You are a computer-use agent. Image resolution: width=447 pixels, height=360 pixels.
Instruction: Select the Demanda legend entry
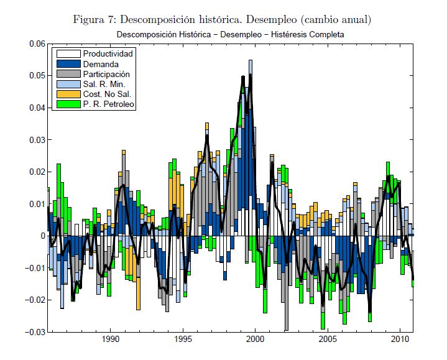(x=100, y=64)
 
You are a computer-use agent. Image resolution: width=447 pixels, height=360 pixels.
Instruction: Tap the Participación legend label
(x=107, y=74)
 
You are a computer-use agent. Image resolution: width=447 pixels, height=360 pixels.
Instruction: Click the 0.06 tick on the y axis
(x=36, y=44)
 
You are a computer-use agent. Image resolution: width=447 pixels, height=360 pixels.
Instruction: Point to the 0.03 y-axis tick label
(x=36, y=140)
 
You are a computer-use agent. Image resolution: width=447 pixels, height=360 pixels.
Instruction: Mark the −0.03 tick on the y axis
(x=34, y=331)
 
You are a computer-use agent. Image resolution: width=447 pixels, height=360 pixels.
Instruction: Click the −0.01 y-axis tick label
(x=34, y=268)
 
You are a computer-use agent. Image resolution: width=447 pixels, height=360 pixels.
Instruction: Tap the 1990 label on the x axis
(x=110, y=340)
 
